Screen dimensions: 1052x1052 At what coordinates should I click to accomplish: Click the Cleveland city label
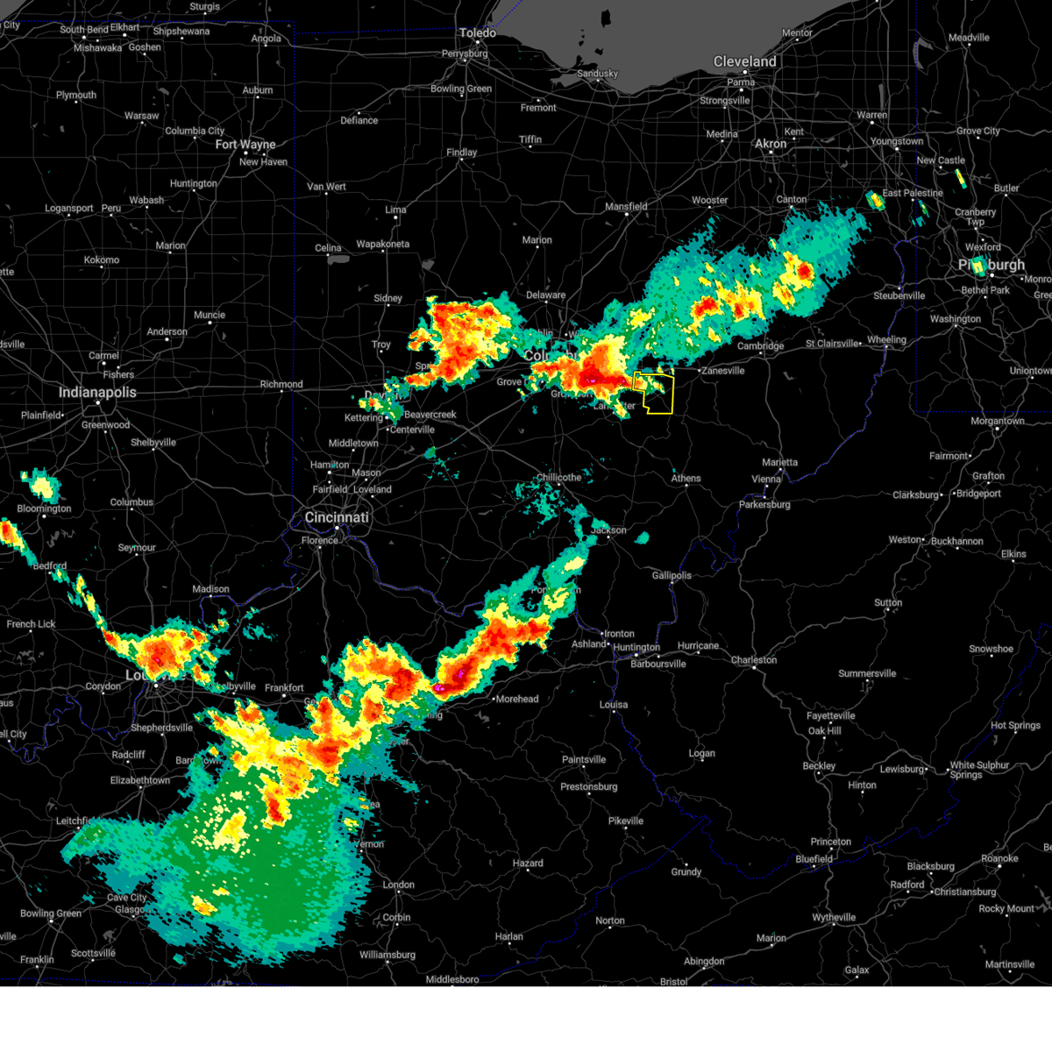[x=744, y=61]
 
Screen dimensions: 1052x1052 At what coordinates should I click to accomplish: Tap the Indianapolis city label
[x=97, y=392]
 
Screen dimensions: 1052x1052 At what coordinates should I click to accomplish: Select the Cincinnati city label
[x=337, y=517]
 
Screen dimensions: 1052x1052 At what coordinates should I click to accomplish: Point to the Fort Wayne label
[x=245, y=145]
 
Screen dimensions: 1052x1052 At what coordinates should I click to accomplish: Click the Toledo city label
[x=478, y=33]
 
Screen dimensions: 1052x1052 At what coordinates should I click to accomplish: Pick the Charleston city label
[x=754, y=659]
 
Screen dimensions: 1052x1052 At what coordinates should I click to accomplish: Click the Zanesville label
[x=722, y=371]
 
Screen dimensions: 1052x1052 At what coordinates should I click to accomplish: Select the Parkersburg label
[x=764, y=504]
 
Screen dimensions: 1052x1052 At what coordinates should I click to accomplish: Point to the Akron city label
[x=771, y=144]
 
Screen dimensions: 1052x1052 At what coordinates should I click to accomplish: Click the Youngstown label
[x=896, y=141]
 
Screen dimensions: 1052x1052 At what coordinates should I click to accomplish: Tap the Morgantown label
[x=998, y=421]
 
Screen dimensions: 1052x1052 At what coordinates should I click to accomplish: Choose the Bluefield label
[x=814, y=859]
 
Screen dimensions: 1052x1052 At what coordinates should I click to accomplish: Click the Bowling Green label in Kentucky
[x=50, y=913]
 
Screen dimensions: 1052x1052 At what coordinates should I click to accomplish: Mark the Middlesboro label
[x=452, y=979]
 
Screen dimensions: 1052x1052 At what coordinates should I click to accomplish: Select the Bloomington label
[x=44, y=508]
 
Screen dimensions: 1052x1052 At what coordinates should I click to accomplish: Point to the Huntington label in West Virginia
[x=636, y=648]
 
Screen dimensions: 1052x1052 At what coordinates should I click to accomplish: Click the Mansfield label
[x=626, y=207]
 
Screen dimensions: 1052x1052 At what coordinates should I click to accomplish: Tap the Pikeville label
[x=626, y=821]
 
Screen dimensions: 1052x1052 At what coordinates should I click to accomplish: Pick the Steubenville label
[x=899, y=295]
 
